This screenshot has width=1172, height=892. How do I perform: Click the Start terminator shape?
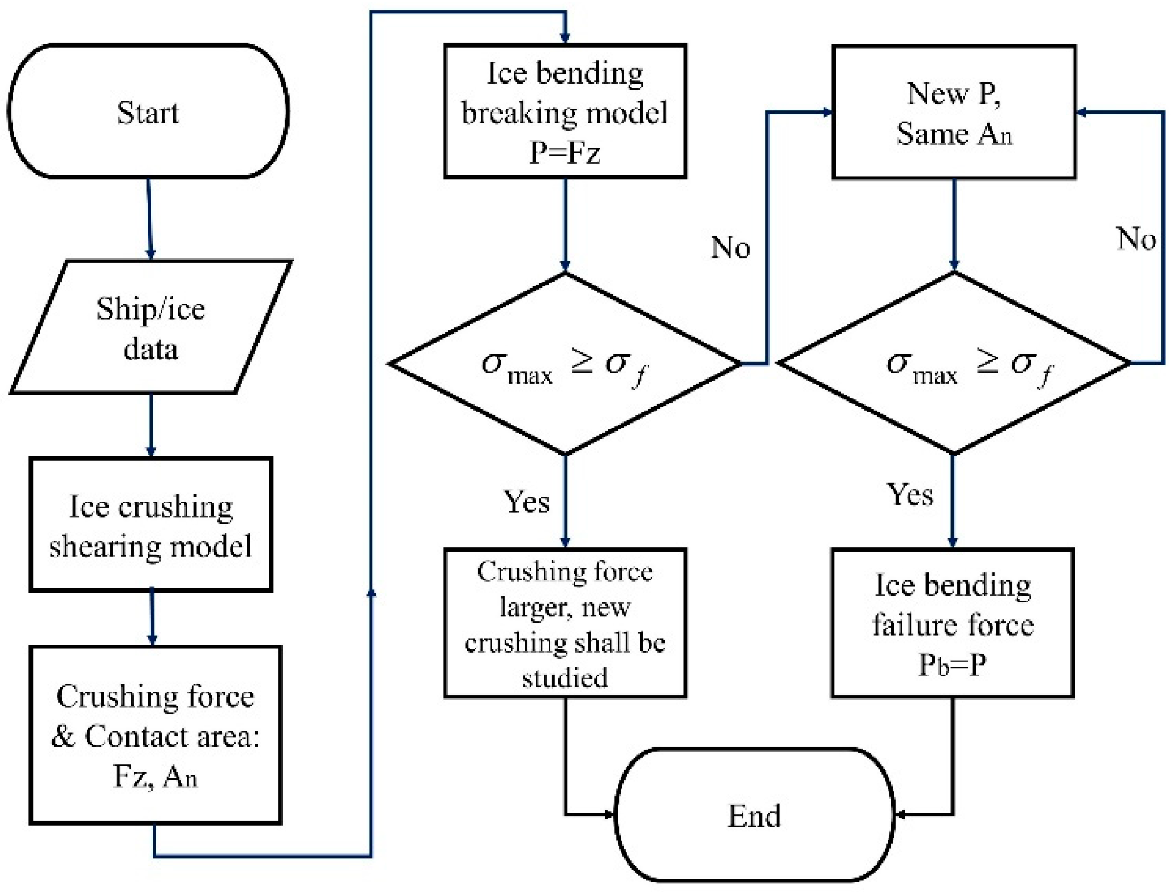click(148, 111)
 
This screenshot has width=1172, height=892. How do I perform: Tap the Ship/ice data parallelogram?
click(150, 328)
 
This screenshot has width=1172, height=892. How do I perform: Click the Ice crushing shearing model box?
click(151, 525)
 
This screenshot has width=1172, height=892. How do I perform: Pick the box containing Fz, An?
click(155, 735)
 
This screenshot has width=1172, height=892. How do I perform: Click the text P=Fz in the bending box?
click(565, 153)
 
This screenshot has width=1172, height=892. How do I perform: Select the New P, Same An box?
click(954, 112)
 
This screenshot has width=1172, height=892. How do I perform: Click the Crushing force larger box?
click(565, 623)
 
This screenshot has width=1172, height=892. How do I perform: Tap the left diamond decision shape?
click(565, 364)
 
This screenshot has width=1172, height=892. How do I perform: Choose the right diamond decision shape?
click(954, 364)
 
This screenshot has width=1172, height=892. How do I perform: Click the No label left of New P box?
click(730, 247)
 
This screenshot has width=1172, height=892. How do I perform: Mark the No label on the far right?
click(1136, 238)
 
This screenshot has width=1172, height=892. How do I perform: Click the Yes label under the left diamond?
click(527, 502)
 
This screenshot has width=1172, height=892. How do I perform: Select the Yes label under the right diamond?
click(910, 493)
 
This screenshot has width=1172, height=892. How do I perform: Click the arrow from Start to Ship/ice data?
click(150, 220)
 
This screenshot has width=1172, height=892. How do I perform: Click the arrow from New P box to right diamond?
click(954, 225)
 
